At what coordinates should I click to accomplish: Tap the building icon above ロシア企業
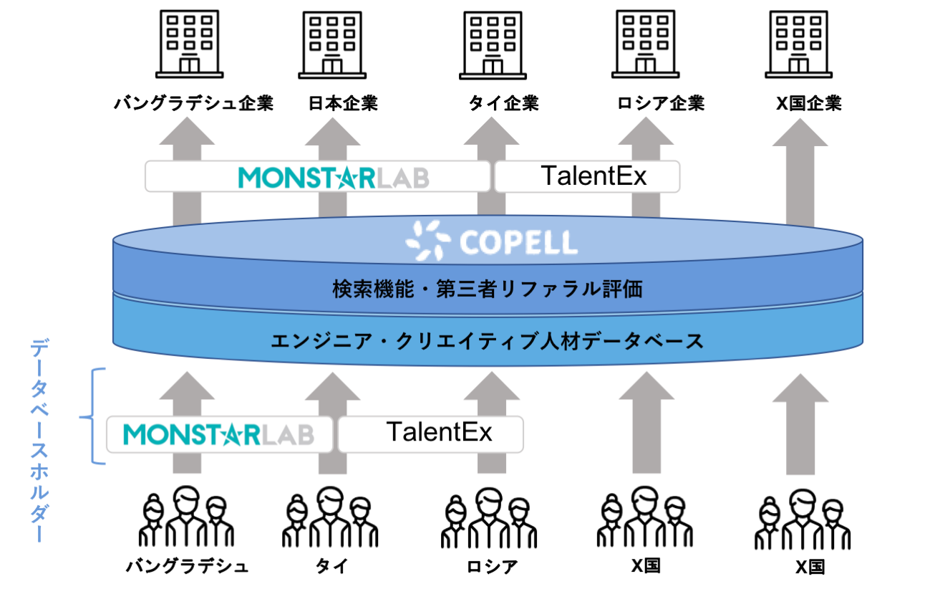645,44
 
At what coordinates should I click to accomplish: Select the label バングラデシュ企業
194,103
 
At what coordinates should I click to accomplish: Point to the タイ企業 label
504,103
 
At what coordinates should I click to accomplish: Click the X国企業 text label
808,103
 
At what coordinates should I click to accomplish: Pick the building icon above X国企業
798,44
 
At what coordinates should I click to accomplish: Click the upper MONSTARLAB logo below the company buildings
334,178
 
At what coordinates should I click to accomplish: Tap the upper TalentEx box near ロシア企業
587,176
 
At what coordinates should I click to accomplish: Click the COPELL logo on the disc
492,241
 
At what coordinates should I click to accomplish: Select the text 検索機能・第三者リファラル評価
488,289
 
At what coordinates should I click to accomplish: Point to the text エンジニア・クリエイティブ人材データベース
488,341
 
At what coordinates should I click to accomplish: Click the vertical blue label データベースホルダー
39,440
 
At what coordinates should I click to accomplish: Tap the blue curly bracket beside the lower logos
92,416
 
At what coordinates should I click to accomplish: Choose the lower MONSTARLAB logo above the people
219,434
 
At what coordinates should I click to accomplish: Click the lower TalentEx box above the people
431,434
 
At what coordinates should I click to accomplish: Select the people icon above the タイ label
330,517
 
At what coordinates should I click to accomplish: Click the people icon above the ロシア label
489,517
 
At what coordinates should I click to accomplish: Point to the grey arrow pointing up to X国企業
800,172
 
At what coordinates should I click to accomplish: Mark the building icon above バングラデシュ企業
190,44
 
